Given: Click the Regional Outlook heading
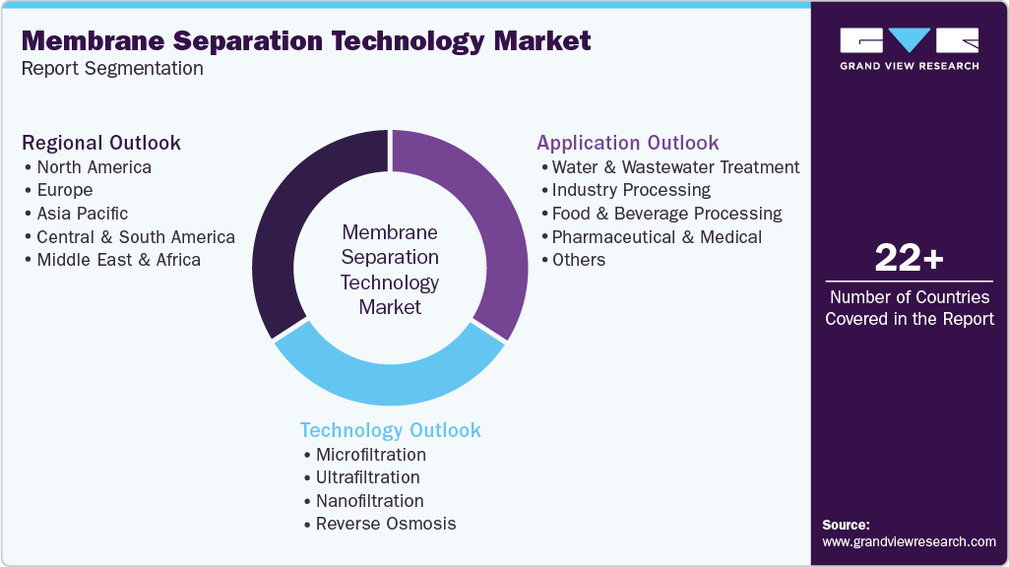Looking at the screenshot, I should tap(101, 143).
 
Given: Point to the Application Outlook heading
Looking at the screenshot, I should tap(628, 143).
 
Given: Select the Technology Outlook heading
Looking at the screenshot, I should tap(391, 430).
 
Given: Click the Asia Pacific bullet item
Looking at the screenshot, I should tap(82, 214).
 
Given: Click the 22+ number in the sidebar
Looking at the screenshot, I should tap(909, 259).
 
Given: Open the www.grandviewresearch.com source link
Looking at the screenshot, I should tap(909, 541).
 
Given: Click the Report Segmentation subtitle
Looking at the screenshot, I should tap(112, 69).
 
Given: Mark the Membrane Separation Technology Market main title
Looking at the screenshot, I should tap(306, 40).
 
